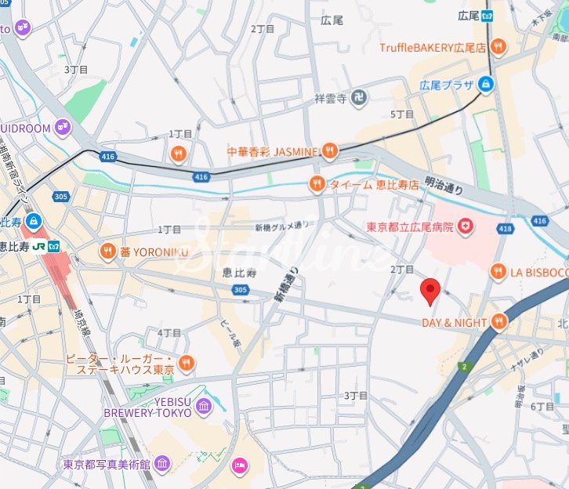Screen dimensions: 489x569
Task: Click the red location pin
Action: coord(429,291)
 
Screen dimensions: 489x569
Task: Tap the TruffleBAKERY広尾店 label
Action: coord(433,48)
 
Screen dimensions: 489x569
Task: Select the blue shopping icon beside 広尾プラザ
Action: coord(486,83)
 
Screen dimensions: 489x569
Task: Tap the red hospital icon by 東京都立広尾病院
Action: coord(467,227)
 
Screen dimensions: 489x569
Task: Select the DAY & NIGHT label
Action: coord(454,322)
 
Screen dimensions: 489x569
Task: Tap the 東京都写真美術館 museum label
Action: coord(108,464)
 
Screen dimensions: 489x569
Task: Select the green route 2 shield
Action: coord(463,366)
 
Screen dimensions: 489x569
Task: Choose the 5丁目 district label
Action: coord(401,114)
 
